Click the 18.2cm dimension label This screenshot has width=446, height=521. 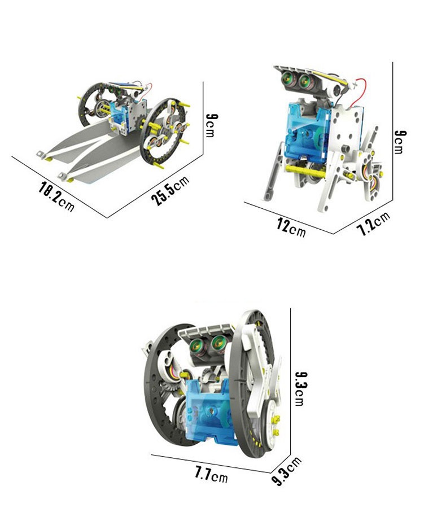(x=56, y=196)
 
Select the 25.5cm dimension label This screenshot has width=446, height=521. (x=170, y=190)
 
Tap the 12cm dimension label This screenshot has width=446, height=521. (x=291, y=227)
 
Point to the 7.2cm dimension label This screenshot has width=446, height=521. (x=373, y=224)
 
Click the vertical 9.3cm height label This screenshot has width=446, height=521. (x=301, y=388)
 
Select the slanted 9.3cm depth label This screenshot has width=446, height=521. (x=286, y=471)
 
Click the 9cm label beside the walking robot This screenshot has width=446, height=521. (x=400, y=142)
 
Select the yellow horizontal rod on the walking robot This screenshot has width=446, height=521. (x=305, y=170)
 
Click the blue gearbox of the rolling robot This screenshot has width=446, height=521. (x=209, y=411)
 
